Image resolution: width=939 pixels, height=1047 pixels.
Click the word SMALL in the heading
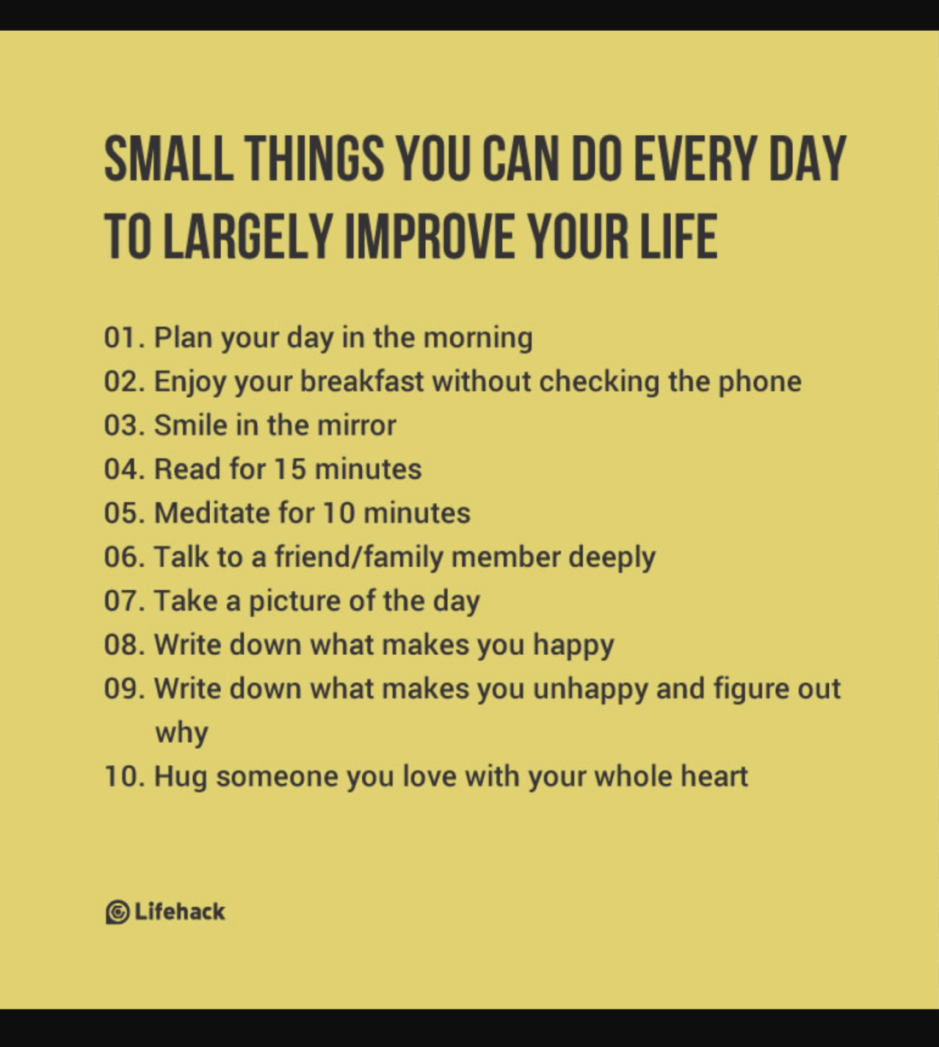[168, 160]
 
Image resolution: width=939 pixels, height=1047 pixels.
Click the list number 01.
[120, 337]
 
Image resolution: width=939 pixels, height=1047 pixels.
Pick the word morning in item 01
[478, 337]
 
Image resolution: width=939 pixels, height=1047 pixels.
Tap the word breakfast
[362, 381]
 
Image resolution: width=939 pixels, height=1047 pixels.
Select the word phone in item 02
[760, 381]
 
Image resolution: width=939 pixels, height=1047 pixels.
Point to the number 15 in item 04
[289, 469]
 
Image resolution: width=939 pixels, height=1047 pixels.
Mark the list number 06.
[120, 557]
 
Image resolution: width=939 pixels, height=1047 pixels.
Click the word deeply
[612, 558]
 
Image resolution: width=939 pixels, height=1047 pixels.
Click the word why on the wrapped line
[181, 733]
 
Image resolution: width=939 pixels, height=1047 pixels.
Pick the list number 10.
[120, 776]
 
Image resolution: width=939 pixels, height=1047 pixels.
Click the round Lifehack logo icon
[117, 912]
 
